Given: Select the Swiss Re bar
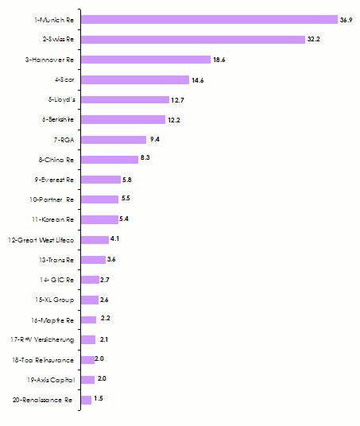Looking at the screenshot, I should point(193,39).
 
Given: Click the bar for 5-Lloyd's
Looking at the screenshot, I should point(125,99).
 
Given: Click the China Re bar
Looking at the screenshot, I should point(110,159).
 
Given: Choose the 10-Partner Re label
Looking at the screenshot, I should point(52,199).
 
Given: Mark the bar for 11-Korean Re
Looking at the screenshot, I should point(99,219).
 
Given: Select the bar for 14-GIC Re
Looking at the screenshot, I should point(90,280).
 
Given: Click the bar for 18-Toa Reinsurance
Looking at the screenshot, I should point(87,359).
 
